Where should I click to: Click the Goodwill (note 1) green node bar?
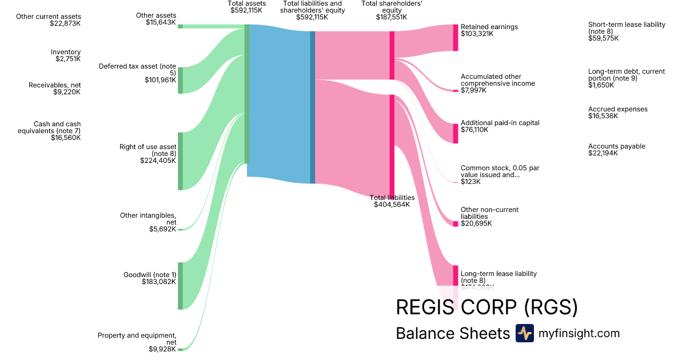[180, 286]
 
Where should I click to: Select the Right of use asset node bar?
[180, 161]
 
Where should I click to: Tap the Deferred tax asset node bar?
[180, 80]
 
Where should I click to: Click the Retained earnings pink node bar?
[456, 38]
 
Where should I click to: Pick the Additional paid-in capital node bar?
[456, 133]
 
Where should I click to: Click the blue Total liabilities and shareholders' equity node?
[313, 107]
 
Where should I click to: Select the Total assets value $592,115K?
[246, 10]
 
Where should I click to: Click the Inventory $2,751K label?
[66, 55]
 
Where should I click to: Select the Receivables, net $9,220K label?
[55, 89]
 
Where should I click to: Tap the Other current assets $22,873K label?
[49, 20]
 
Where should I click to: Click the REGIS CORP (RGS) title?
[486, 307]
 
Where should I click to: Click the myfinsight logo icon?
[524, 333]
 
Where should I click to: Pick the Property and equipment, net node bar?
[180, 349]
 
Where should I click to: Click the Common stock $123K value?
[470, 182]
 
